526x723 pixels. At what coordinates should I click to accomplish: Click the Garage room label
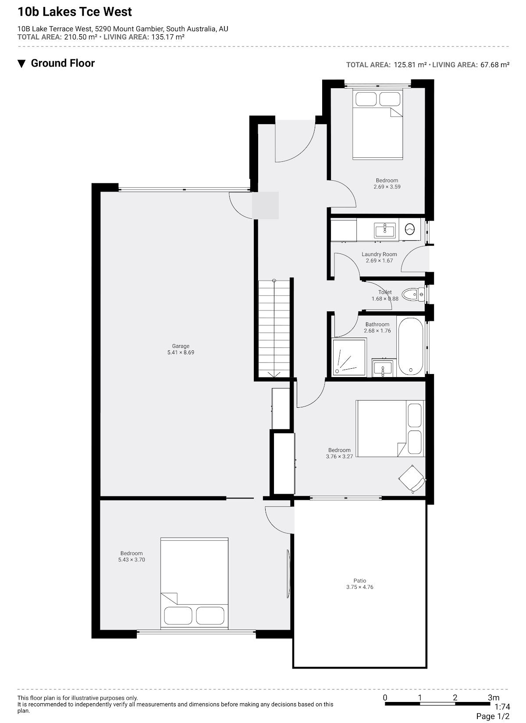[181, 346]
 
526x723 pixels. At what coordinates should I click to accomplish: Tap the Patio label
[359, 581]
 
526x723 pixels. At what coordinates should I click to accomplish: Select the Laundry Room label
[379, 254]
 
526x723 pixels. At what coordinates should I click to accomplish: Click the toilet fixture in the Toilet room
[413, 294]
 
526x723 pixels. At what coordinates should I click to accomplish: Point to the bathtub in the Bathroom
[410, 346]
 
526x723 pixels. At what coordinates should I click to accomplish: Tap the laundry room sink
[385, 231]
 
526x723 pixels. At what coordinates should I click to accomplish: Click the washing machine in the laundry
[410, 229]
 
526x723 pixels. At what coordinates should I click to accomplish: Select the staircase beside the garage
[274, 328]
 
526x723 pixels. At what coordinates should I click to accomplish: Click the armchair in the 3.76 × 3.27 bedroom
[412, 479]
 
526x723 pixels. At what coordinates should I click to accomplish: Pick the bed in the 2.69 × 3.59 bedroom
[377, 124]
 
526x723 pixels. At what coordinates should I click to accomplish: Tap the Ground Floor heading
[63, 63]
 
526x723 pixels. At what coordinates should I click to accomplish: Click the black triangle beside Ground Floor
[21, 64]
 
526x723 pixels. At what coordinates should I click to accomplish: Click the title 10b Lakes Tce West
[75, 12]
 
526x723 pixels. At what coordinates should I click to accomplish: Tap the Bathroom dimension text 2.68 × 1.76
[377, 331]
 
